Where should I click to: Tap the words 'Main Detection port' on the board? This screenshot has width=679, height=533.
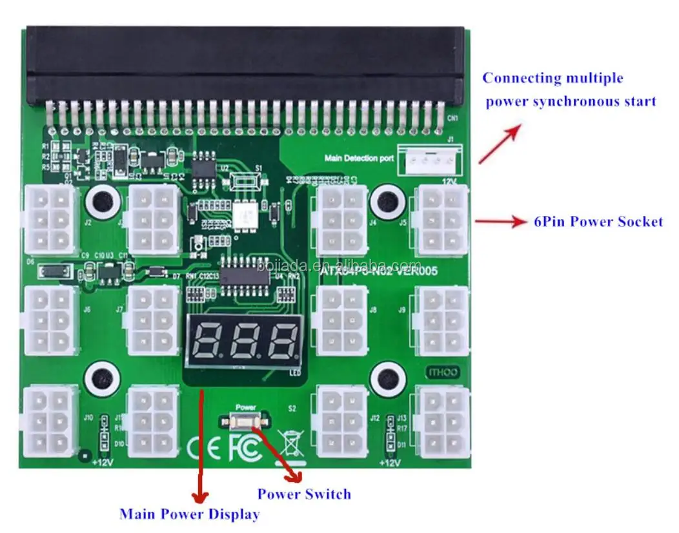pos(359,158)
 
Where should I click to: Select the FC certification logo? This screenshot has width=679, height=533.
pos(245,449)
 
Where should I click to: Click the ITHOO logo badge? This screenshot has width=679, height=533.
pos(442,371)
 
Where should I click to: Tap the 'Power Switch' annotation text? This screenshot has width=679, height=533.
pos(304,494)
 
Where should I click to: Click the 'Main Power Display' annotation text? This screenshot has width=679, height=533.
pos(189,514)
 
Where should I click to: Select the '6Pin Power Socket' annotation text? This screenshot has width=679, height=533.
pos(598,221)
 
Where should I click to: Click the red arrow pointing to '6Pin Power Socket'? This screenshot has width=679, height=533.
pos(501,222)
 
